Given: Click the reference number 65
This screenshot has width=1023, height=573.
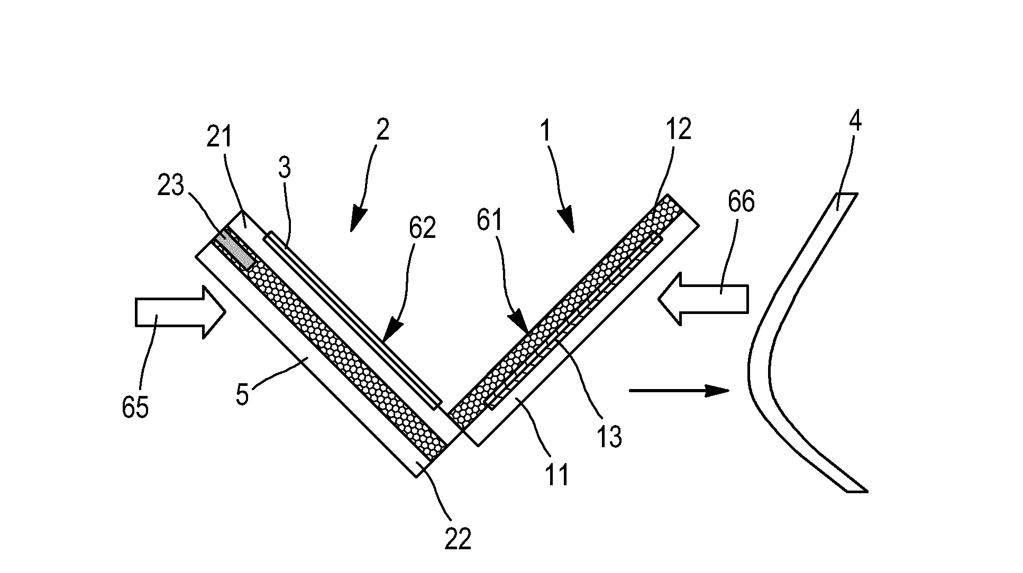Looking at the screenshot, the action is [135, 408].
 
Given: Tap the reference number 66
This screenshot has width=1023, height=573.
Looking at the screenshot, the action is [741, 202].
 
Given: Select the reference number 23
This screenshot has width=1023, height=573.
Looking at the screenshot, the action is [170, 186].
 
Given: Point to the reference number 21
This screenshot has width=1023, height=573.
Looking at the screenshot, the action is [219, 137].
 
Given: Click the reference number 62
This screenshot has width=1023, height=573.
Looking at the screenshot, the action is [422, 228].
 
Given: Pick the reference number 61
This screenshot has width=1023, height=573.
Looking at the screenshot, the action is [490, 220].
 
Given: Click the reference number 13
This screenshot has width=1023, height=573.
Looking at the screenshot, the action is [609, 437].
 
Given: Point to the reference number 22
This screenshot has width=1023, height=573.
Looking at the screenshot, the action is [458, 540].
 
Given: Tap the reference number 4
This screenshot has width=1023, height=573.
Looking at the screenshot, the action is [855, 121].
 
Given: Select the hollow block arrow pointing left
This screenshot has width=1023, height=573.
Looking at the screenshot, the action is [703, 298].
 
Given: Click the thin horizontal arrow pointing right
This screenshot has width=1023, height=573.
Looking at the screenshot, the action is [679, 391].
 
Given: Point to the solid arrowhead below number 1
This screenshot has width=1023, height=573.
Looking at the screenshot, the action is [567, 220].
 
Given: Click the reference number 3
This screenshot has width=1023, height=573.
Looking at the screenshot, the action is [284, 169].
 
